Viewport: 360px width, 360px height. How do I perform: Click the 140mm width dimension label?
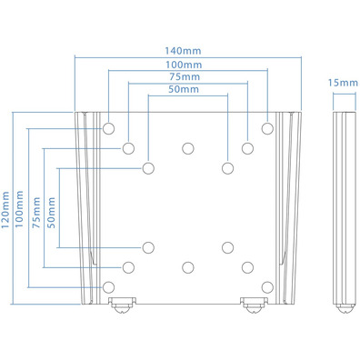[x=183, y=51]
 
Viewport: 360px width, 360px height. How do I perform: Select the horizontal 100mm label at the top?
[x=184, y=65]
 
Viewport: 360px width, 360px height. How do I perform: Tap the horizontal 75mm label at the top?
[x=185, y=76]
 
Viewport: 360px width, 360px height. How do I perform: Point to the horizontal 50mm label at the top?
[x=184, y=89]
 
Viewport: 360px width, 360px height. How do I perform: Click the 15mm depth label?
[x=343, y=83]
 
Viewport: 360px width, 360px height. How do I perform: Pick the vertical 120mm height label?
[x=5, y=210]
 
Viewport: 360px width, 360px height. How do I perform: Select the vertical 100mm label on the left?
[x=19, y=209]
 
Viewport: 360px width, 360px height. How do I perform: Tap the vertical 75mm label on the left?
[x=36, y=213]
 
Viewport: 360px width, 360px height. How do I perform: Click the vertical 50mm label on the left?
[x=51, y=213]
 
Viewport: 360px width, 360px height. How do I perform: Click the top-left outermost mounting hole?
[x=108, y=128]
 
